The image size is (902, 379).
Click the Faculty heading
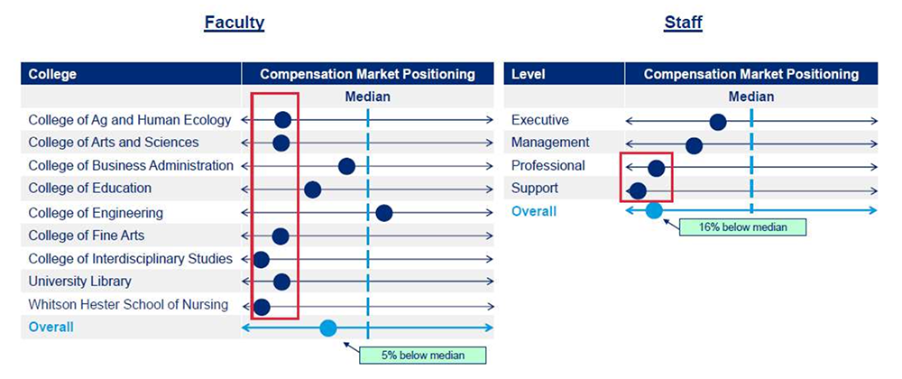point(235,23)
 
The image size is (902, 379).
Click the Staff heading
point(683,23)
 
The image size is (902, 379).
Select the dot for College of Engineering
point(384,213)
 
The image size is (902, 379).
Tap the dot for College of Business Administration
point(346,166)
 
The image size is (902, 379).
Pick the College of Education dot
point(312,189)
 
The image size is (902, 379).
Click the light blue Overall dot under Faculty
point(328,328)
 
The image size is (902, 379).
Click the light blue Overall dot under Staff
point(653,211)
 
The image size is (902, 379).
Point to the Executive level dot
point(717,122)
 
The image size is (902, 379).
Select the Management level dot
point(695,145)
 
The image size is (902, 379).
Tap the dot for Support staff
point(638,190)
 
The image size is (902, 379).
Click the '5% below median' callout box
point(423,355)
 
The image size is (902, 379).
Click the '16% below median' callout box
point(742,226)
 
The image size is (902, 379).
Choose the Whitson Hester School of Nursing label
point(128,304)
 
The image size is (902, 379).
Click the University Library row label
point(80,282)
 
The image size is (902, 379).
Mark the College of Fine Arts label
point(87,236)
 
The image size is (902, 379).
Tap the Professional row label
point(548,166)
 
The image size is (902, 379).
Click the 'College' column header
point(52,74)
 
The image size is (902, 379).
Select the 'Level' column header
point(529,74)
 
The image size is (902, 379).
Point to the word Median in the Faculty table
point(368,97)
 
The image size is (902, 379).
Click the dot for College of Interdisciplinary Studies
point(262,259)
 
